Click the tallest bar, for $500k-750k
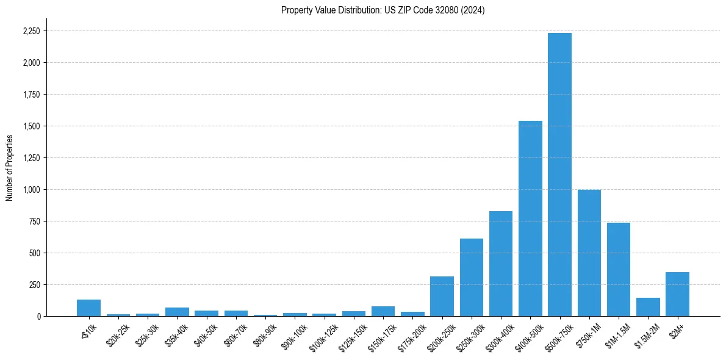click(x=559, y=175)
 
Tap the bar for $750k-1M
click(x=589, y=253)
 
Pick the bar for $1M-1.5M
click(x=618, y=269)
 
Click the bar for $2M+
click(x=677, y=294)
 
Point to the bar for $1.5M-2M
click(x=648, y=307)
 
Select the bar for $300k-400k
click(x=500, y=264)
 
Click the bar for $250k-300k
click(x=471, y=277)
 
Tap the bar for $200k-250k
click(x=442, y=296)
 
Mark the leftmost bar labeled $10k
click(x=88, y=308)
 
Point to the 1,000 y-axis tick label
click(x=32, y=190)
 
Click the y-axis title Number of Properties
click(x=9, y=168)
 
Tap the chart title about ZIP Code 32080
click(x=383, y=10)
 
